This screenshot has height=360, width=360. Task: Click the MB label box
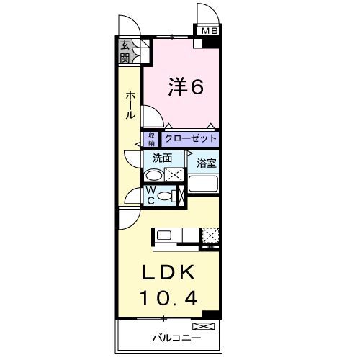(209, 31)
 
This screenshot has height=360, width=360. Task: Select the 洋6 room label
(185, 86)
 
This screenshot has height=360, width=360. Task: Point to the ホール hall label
(130, 104)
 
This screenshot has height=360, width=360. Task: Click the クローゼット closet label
(190, 138)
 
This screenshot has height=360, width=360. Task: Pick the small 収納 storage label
(152, 138)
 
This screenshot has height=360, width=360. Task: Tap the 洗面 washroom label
(162, 158)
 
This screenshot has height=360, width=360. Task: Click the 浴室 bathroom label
(207, 163)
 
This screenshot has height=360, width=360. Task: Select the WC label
(151, 195)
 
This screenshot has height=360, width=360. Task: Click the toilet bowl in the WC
(166, 197)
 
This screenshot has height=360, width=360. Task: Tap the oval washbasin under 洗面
(153, 175)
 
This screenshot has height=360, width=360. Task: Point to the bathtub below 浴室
(204, 182)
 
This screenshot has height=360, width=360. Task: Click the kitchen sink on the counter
(163, 235)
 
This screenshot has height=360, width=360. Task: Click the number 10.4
(170, 295)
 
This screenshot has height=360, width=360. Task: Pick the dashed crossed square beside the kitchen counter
(211, 235)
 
